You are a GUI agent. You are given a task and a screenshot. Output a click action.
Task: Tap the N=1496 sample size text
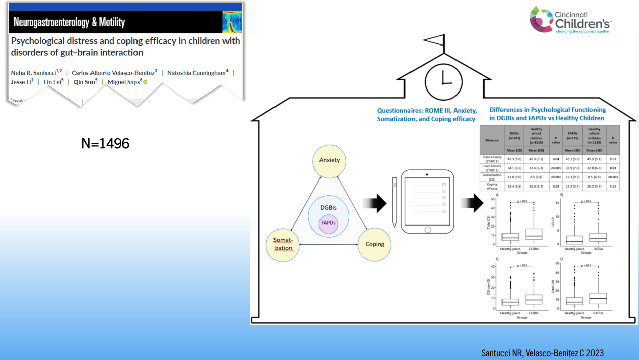point(105,144)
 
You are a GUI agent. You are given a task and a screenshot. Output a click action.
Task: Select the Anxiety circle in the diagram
point(329,161)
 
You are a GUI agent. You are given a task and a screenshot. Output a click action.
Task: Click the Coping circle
point(375,244)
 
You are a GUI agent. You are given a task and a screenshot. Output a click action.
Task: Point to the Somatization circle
point(283,244)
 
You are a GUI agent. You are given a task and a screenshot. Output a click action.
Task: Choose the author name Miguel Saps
point(124,82)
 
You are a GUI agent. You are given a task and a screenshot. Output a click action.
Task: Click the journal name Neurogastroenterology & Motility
point(69,22)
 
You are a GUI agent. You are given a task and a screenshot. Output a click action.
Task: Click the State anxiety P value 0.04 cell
point(556,159)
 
